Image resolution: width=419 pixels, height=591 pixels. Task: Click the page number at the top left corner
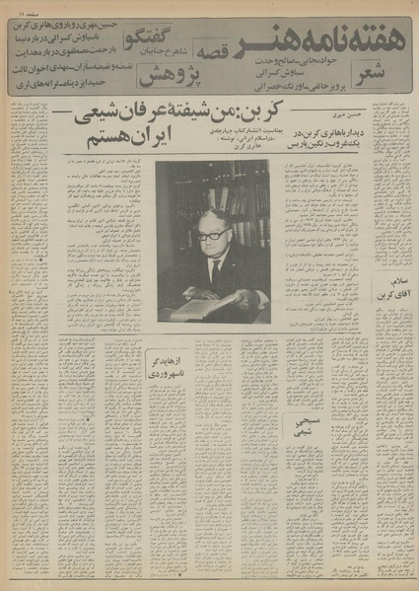coord(22,9)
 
